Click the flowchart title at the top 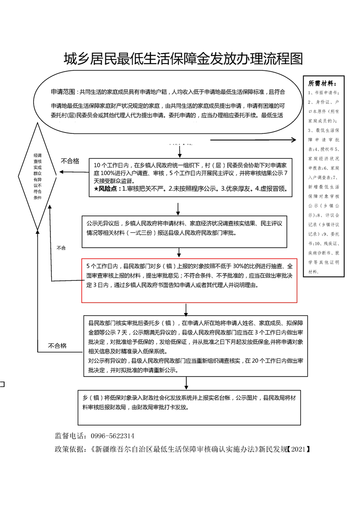tap(183, 59)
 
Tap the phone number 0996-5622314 tap(113, 436)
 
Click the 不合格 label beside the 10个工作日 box tap(70, 161)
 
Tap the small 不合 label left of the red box tap(61, 248)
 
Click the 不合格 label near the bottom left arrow tap(57, 346)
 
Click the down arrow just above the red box tap(181, 253)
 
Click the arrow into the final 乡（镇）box tap(183, 380)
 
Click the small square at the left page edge tap(2, 385)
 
